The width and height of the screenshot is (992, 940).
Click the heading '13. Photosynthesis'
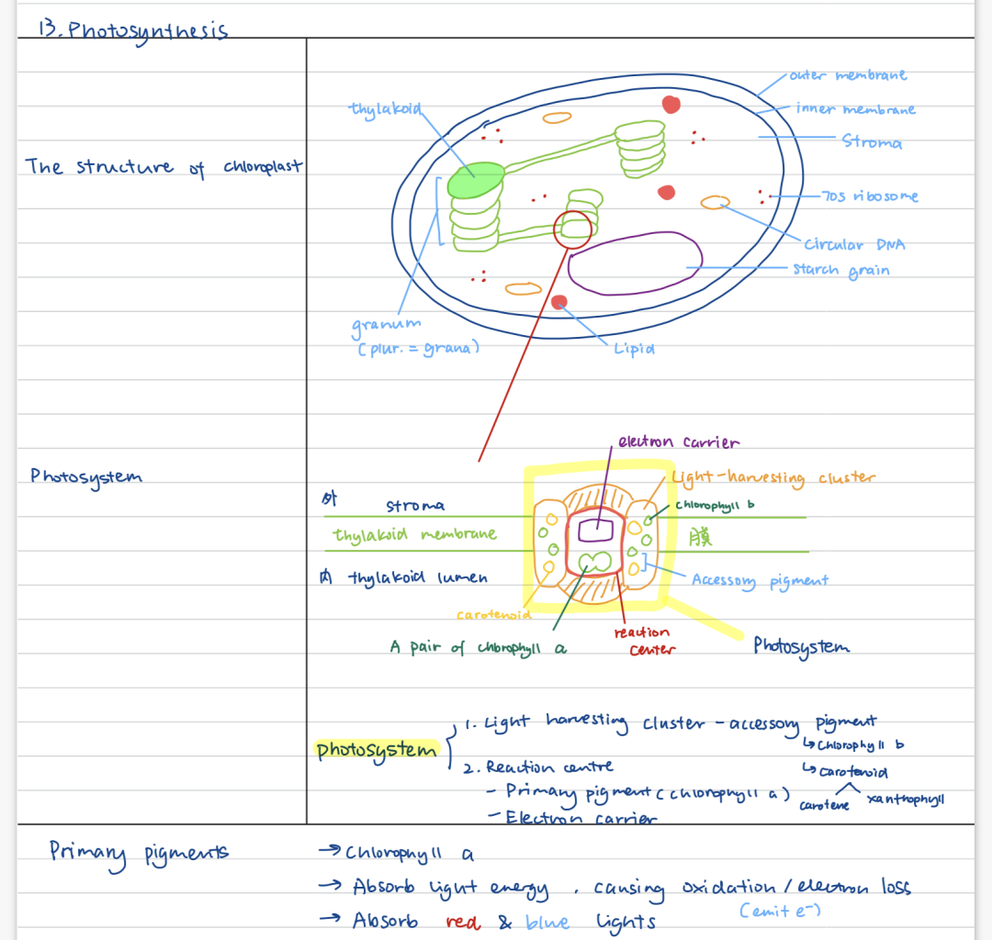(132, 29)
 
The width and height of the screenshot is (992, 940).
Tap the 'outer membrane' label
(847, 75)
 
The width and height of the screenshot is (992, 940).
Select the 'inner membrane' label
(855, 109)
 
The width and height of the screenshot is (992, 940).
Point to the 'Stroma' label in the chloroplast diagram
(872, 142)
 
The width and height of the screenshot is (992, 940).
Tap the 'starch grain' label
(841, 270)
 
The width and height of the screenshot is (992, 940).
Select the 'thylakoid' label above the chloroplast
(385, 109)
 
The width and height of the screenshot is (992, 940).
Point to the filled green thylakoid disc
(476, 179)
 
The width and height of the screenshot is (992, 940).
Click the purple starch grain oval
(635, 263)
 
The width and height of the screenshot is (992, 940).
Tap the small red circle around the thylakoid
(574, 229)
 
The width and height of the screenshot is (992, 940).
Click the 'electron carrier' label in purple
(678, 442)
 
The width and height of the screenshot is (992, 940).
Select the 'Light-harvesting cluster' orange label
(772, 478)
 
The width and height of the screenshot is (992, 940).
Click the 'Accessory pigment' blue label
(760, 580)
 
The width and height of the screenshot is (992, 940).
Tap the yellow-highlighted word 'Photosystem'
(376, 750)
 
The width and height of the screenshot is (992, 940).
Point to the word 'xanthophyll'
(905, 800)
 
